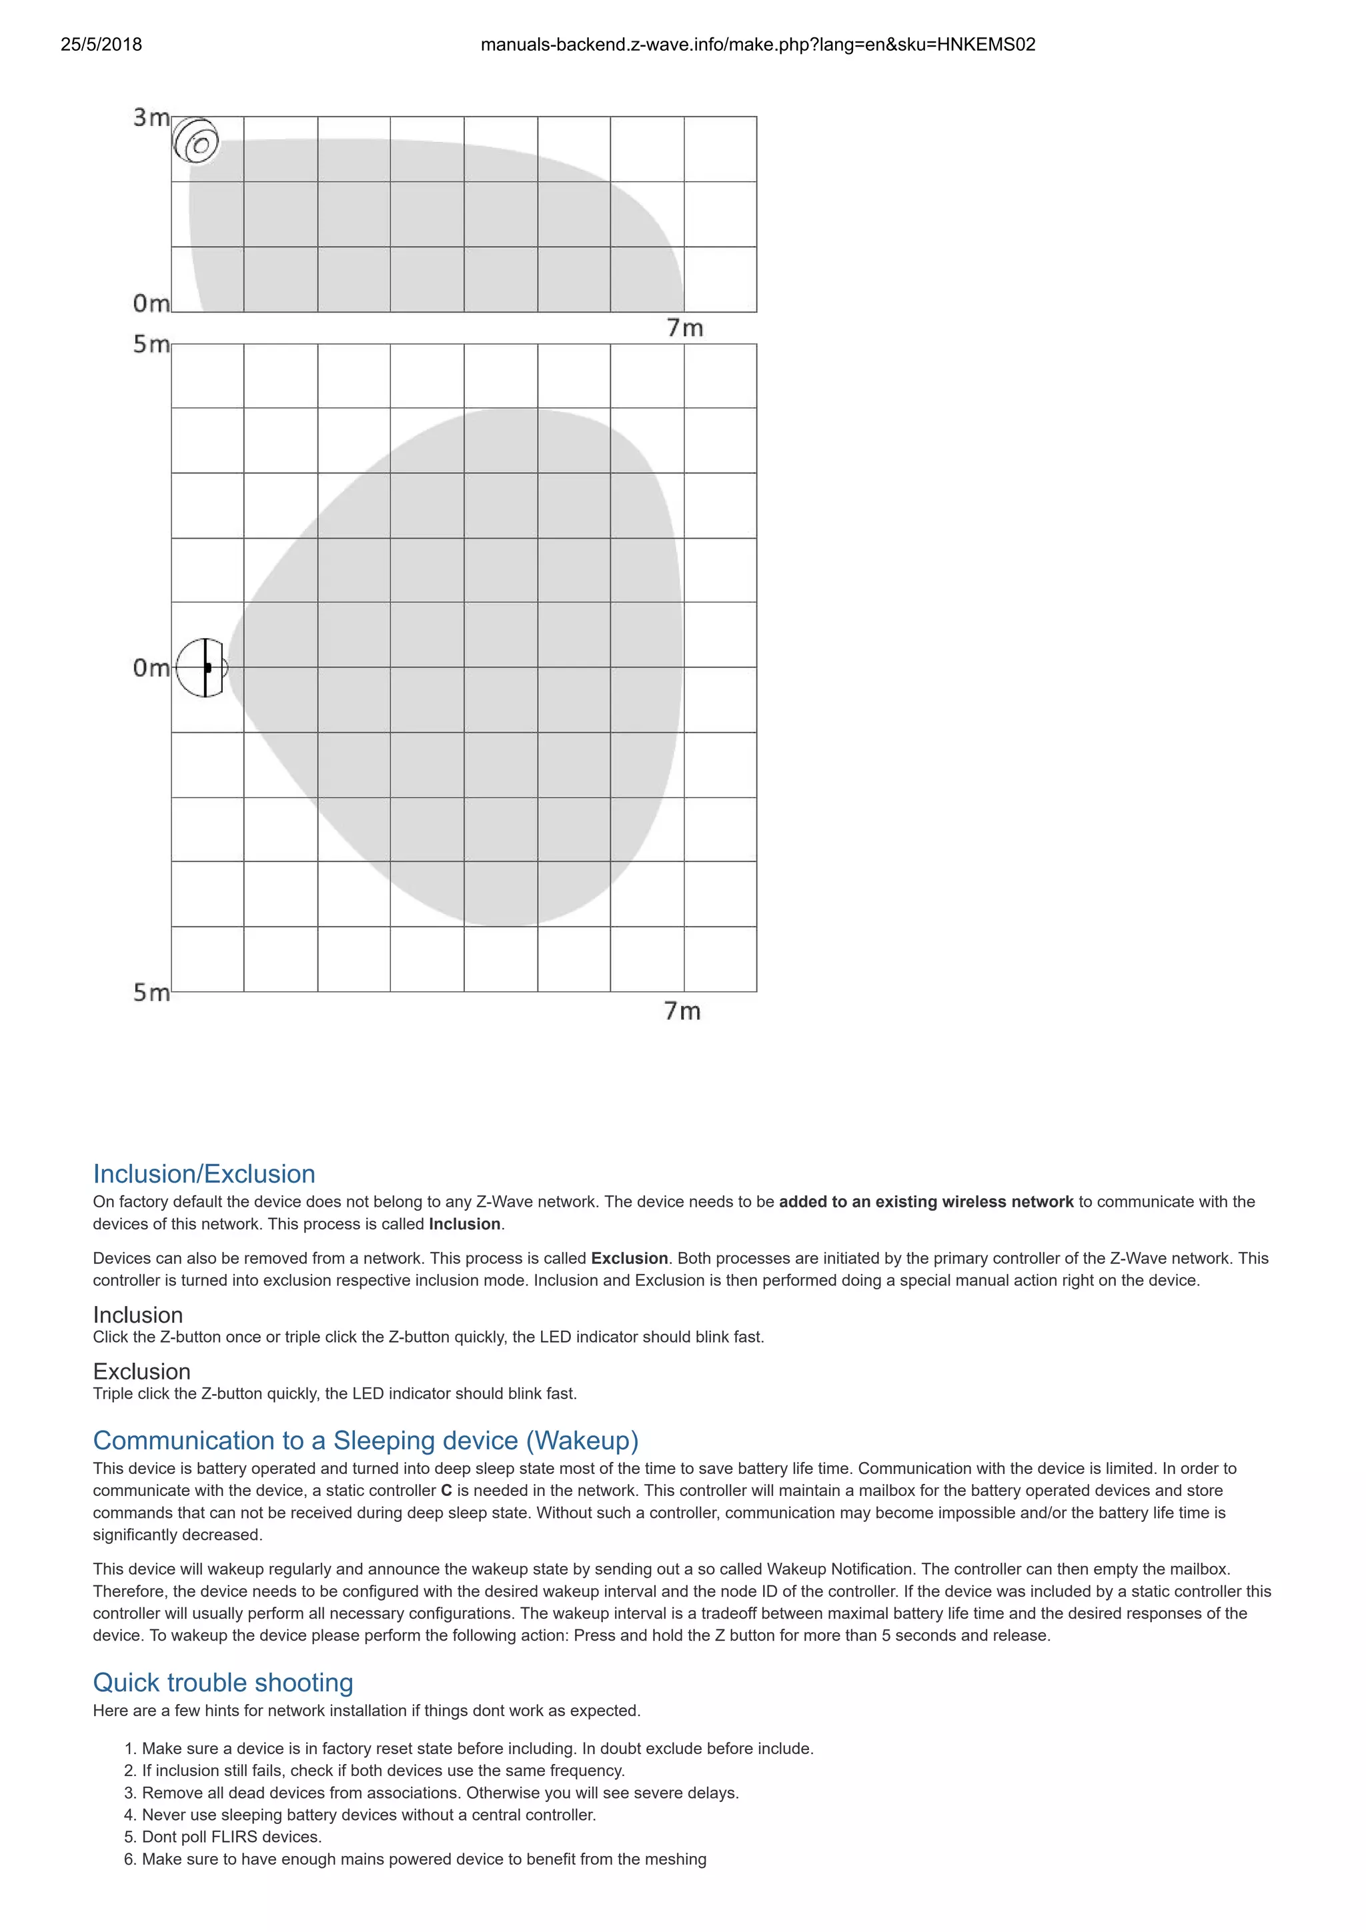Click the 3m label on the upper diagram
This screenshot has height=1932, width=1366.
(x=151, y=118)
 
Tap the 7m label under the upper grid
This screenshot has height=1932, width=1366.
(x=684, y=328)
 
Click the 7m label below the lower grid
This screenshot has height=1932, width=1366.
(x=682, y=1011)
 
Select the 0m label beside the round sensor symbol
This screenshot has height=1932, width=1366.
(x=151, y=668)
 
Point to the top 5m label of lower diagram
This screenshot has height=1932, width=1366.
(x=151, y=344)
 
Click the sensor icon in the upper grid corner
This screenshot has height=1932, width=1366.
(x=196, y=141)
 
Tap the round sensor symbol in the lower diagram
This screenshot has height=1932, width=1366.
(x=202, y=667)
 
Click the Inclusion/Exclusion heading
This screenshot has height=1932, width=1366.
(x=203, y=1173)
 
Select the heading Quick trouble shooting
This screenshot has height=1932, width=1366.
(x=222, y=1681)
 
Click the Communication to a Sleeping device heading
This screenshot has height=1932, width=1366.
(x=366, y=1440)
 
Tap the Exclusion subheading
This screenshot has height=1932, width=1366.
(x=141, y=1371)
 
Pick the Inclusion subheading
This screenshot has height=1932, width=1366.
(x=137, y=1315)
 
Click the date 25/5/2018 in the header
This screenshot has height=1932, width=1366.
(x=101, y=45)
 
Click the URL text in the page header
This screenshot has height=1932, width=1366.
(x=758, y=45)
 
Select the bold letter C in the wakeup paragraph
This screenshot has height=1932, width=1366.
(x=446, y=1490)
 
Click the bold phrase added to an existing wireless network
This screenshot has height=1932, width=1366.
(x=926, y=1201)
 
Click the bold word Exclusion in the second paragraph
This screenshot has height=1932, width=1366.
(x=629, y=1258)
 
